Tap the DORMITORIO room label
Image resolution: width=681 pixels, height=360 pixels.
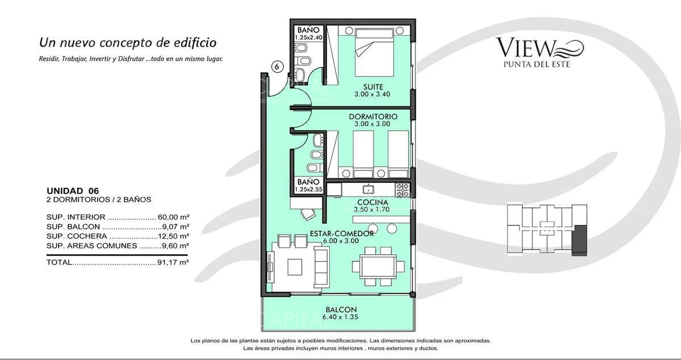(372, 116)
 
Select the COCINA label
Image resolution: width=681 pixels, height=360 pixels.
(372, 202)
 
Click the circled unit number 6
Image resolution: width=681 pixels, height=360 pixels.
(276, 66)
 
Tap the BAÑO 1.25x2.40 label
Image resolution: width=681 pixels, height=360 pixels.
(308, 34)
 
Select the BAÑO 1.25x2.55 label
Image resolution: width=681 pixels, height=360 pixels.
(308, 185)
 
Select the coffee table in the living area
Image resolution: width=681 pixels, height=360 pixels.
(295, 266)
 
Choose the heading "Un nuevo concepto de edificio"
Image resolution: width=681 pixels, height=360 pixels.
(127, 43)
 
